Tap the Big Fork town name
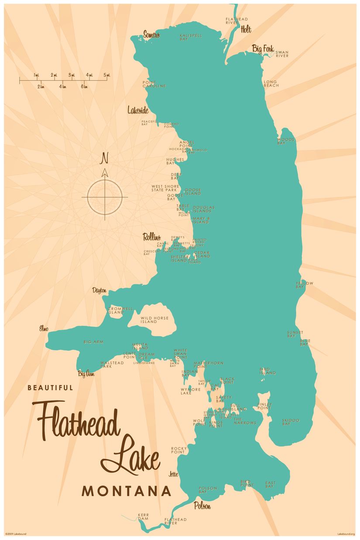point(263,49)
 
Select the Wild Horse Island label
point(149,320)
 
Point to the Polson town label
point(202,506)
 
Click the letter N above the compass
point(104,158)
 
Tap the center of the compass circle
point(105,197)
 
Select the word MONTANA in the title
point(127,491)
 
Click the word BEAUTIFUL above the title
point(50,387)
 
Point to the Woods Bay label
point(286,141)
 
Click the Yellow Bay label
point(304,285)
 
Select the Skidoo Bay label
point(291,422)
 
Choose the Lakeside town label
point(138,110)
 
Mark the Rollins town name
point(152,237)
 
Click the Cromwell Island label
point(120,310)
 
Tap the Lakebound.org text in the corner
point(346,534)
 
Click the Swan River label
point(282,55)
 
